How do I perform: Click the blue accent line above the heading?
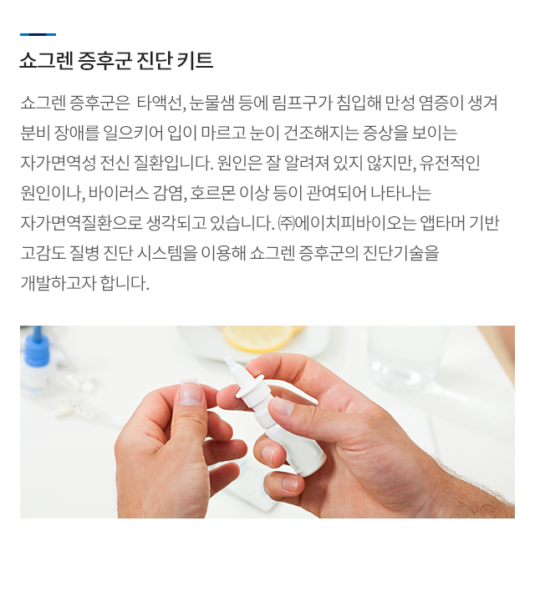tap(38, 34)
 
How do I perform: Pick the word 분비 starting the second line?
tap(35, 134)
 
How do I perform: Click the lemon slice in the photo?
tap(257, 338)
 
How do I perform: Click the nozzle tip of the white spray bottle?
tap(232, 364)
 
